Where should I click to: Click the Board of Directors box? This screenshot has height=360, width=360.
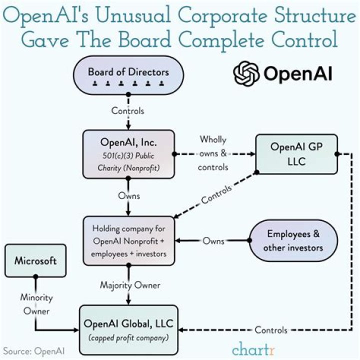(x=128, y=74)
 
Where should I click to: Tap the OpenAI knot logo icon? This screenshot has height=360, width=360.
(x=246, y=73)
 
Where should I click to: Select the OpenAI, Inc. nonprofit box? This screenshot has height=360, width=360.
(x=128, y=154)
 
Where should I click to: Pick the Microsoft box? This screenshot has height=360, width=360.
(x=35, y=260)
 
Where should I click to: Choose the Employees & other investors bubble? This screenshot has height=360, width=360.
(x=293, y=240)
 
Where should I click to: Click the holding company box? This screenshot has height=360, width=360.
(x=129, y=240)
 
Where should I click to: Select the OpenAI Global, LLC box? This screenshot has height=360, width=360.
(x=128, y=327)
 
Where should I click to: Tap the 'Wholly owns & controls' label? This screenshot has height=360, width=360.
(x=213, y=153)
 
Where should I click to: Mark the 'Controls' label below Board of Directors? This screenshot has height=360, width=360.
(x=128, y=110)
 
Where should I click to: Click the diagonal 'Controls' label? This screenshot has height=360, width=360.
(x=216, y=195)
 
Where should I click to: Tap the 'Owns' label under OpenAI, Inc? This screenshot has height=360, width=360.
(x=129, y=196)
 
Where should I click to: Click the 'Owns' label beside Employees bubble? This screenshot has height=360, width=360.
(x=213, y=240)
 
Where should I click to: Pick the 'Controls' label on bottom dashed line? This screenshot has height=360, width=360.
(x=271, y=330)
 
